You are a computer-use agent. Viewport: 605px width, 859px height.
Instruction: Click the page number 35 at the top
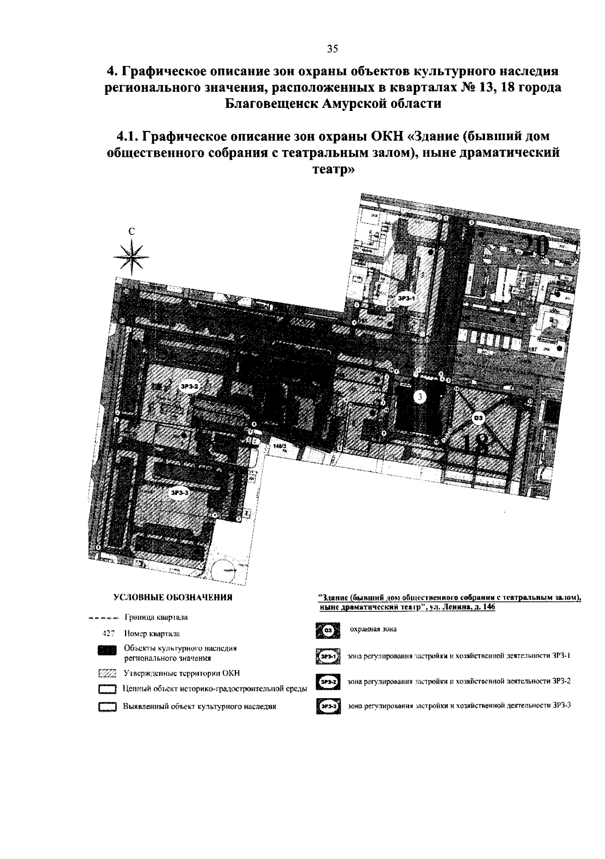(x=332, y=49)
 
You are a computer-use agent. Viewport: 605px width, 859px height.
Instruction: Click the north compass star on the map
(x=132, y=257)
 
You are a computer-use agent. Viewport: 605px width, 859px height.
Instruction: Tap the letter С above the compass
(x=132, y=232)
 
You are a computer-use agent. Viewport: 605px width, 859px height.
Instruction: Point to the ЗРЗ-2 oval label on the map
(x=190, y=386)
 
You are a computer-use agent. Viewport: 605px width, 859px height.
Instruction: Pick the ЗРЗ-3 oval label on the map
(x=180, y=493)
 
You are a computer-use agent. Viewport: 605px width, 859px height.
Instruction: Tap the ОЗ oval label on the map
(x=478, y=417)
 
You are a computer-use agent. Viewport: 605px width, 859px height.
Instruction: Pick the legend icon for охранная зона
(x=328, y=630)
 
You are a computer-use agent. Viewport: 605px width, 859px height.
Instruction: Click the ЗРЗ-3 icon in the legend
(x=328, y=707)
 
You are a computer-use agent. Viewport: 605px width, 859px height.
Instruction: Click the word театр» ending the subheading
(x=332, y=170)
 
